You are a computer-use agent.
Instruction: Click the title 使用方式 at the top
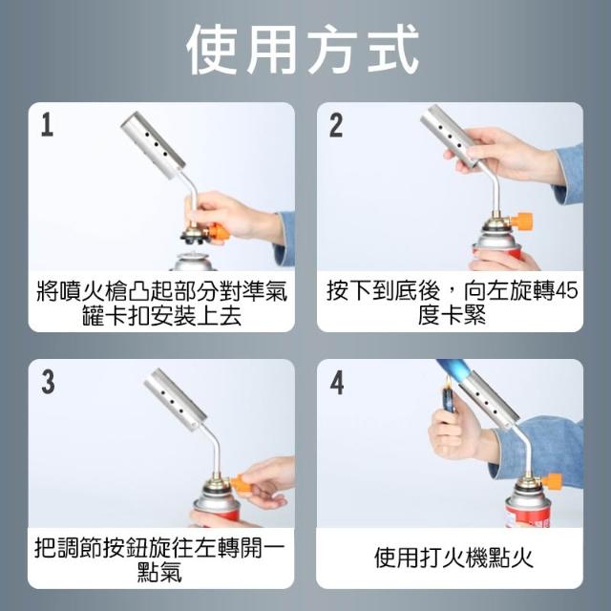click(303, 50)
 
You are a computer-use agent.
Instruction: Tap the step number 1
click(47, 125)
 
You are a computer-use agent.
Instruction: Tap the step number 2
click(336, 125)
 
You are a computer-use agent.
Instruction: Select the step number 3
click(48, 382)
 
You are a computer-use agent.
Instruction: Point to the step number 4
click(337, 382)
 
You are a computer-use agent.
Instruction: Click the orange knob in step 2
click(521, 221)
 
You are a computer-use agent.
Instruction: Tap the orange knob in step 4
click(551, 481)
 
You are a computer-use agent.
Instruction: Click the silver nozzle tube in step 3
click(176, 400)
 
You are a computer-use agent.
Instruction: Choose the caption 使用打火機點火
click(453, 558)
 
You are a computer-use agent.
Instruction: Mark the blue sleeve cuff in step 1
click(284, 239)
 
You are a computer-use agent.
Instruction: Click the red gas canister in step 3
click(217, 507)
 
